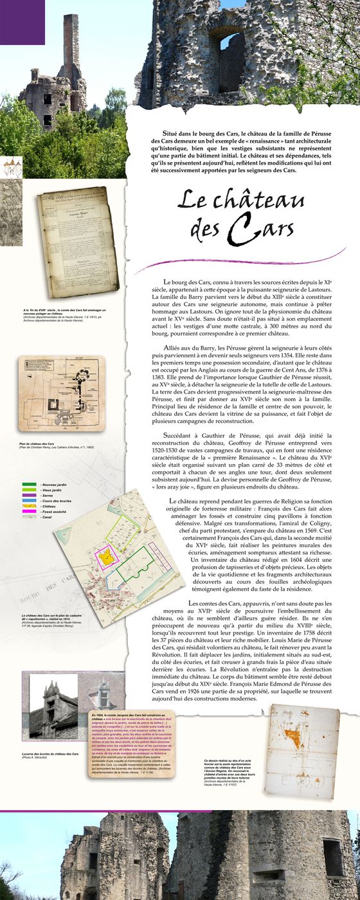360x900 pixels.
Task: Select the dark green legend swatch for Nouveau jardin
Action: [x=28, y=501]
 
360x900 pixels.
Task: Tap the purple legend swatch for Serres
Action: [x=28, y=512]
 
